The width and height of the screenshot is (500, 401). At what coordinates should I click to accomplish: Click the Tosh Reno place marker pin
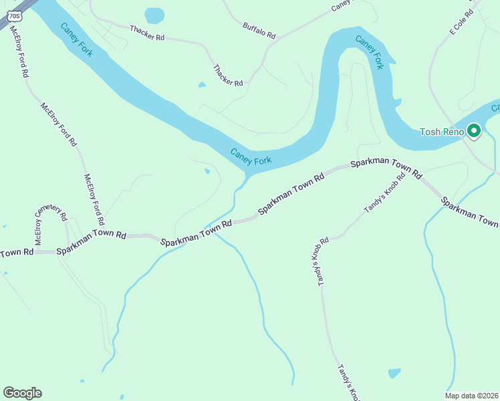point(475,131)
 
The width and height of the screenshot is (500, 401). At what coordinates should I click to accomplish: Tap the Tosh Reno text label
point(439,132)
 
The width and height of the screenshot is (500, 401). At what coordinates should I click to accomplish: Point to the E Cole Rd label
point(461,22)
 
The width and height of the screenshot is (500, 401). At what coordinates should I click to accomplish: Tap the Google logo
point(22,392)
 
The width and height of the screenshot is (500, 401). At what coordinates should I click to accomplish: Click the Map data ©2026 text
point(471,396)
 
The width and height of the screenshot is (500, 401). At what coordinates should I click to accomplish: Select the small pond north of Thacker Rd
point(154,15)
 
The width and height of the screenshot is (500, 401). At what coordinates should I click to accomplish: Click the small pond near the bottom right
point(394,373)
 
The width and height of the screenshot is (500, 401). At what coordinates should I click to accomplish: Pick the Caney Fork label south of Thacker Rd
point(251,156)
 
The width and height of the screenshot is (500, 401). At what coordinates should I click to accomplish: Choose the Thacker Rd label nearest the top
point(147,33)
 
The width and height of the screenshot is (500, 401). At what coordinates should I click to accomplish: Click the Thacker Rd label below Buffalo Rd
point(228,75)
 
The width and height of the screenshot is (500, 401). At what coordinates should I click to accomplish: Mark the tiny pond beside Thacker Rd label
point(202,85)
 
